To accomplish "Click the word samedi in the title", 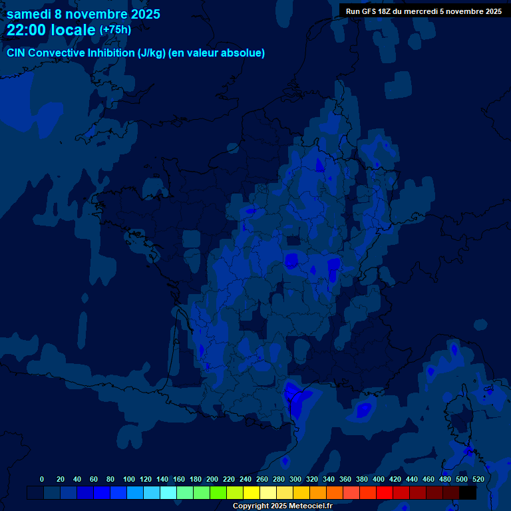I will (29, 14).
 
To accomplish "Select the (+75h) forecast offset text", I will (115, 30).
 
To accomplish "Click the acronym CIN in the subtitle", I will (17, 53).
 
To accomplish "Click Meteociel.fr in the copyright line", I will (309, 506).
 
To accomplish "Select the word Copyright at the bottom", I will (250, 506).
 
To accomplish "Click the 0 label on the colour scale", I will (42, 479).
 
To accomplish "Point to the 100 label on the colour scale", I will (129, 479).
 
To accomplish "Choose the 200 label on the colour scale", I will (212, 479).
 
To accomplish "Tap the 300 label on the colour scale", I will (295, 479).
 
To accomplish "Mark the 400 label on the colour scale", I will (379, 479).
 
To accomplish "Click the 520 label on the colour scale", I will (478, 479).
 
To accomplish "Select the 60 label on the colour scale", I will (93, 479).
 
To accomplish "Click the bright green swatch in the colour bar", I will (218, 493).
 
